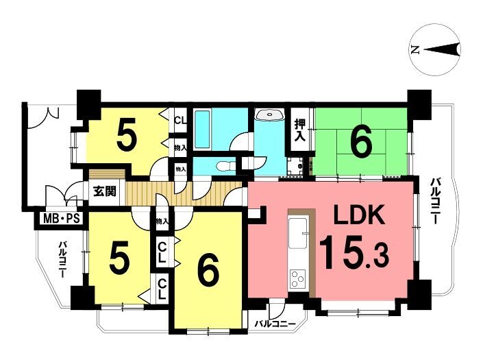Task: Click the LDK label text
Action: pyautogui.click(x=360, y=215)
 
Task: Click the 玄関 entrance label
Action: pyautogui.click(x=105, y=191)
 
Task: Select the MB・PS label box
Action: pyautogui.click(x=61, y=219)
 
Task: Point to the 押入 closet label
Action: pyautogui.click(x=299, y=130)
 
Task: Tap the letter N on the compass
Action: pyautogui.click(x=415, y=49)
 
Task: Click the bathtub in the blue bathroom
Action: pyautogui.click(x=202, y=130)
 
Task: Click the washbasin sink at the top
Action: pyautogui.click(x=269, y=115)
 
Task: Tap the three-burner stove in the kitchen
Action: pyautogui.click(x=298, y=278)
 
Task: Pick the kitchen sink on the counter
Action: pyautogui.click(x=298, y=232)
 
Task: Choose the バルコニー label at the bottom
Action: pyautogui.click(x=275, y=324)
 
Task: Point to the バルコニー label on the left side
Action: pyautogui.click(x=63, y=259)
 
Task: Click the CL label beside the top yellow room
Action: pyautogui.click(x=180, y=120)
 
